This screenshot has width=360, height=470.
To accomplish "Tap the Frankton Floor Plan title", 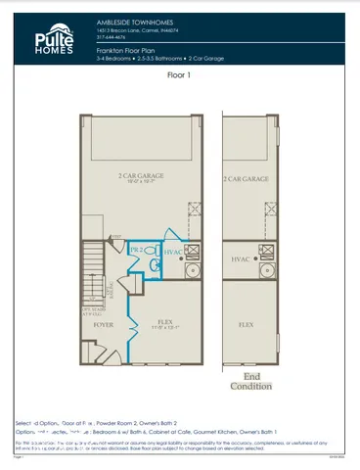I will (128, 47).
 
